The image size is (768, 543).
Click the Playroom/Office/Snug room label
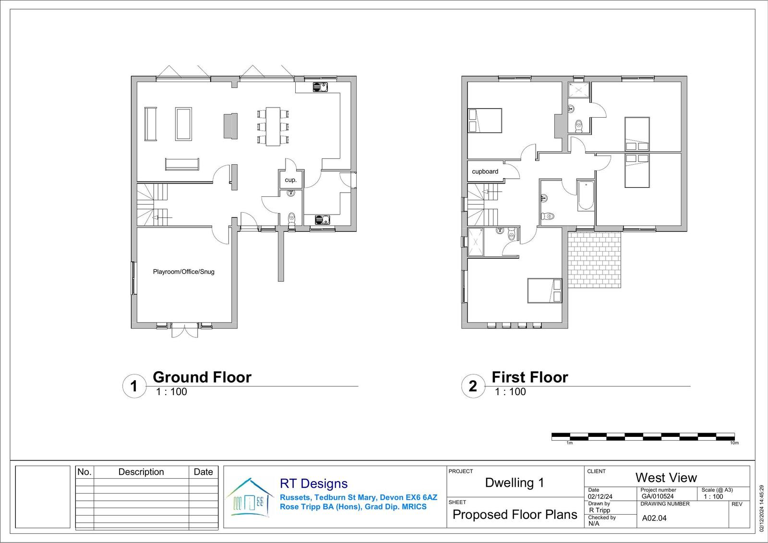[x=183, y=272]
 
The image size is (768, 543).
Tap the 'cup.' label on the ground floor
[x=290, y=180]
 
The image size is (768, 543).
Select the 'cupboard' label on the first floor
[x=485, y=171]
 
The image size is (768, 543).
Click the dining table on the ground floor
[x=273, y=127]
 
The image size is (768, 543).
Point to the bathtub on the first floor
[x=586, y=195]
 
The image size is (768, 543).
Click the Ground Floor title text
[x=202, y=377]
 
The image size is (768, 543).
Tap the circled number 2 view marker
[x=473, y=386]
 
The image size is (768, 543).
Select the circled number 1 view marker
[x=134, y=386]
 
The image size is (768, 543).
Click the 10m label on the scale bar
[x=734, y=443]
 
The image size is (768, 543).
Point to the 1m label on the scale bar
[x=569, y=443]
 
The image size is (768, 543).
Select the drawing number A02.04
[x=654, y=518]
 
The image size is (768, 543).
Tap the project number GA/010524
[x=658, y=496]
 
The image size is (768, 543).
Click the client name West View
[x=666, y=478]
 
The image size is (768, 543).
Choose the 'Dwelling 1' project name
[x=514, y=483]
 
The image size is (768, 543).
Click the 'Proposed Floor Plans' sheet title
[x=515, y=515]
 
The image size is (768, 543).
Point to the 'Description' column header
[x=141, y=471]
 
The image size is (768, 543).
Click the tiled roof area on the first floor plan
[x=594, y=260]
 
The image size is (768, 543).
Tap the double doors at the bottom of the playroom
[x=184, y=330]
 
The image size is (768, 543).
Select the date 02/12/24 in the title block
[x=600, y=496]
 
